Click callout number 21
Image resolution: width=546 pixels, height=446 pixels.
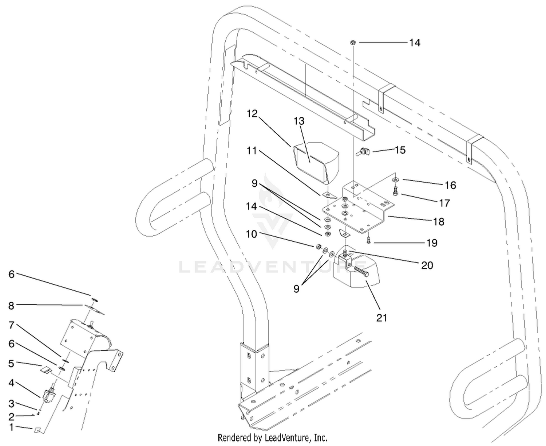click(x=381, y=318)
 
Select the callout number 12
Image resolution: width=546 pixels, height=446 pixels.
click(x=252, y=113)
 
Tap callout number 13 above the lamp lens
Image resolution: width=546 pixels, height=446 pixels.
click(x=299, y=121)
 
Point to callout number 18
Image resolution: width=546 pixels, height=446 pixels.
click(x=439, y=222)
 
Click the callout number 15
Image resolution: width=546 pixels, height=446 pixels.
click(x=400, y=150)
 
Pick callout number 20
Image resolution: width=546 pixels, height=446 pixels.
click(x=427, y=265)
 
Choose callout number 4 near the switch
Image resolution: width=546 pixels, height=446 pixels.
click(x=11, y=383)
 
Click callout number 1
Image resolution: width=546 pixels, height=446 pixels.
click(x=11, y=427)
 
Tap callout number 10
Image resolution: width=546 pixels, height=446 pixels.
click(x=251, y=234)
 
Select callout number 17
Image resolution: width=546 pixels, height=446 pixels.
click(x=444, y=203)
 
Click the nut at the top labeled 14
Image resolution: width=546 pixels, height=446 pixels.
click(x=353, y=42)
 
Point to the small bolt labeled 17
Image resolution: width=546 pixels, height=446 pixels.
click(x=395, y=191)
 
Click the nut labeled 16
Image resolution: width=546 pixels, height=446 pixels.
click(x=395, y=179)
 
